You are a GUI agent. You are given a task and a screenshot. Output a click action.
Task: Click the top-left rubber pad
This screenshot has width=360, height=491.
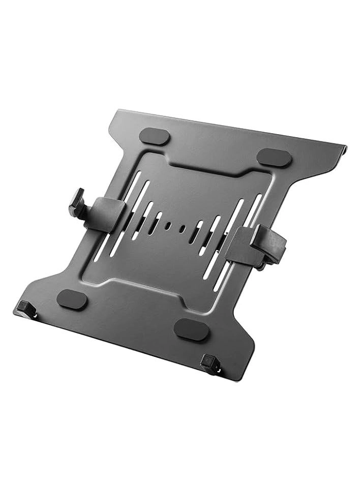click(x=154, y=137)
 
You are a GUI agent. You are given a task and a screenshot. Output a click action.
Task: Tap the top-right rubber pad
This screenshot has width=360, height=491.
click(x=274, y=158)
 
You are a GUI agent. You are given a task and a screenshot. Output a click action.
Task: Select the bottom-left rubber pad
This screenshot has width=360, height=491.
click(x=72, y=298)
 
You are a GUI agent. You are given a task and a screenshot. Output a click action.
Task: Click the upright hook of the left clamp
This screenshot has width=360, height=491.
click(x=77, y=200)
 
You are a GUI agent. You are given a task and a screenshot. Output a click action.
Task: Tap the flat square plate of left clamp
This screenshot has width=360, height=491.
click(x=108, y=214)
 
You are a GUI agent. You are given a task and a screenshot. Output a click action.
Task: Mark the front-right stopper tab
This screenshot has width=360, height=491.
click(x=208, y=363)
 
